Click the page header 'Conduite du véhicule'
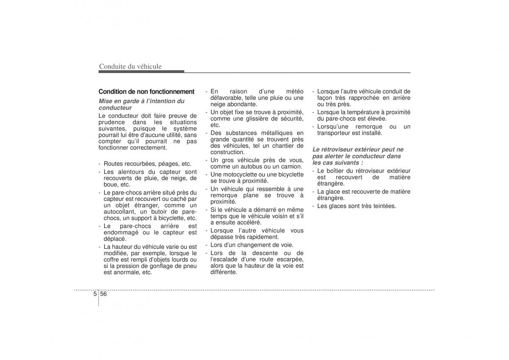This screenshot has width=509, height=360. [130, 66]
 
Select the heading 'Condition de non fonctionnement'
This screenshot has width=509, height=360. [146, 91]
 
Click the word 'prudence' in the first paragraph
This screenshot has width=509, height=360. [110, 122]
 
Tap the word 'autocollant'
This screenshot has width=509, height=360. [119, 211]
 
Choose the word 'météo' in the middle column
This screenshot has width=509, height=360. [294, 91]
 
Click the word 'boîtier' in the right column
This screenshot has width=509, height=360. [336, 171]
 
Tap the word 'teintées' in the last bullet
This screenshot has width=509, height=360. [384, 206]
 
